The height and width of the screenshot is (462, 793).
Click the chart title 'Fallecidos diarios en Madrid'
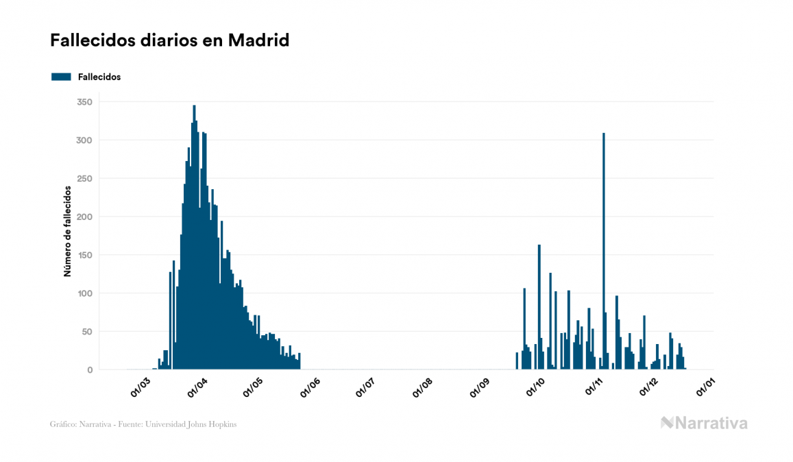pyautogui.click(x=169, y=40)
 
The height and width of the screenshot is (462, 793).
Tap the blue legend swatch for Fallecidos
pyautogui.click(x=61, y=77)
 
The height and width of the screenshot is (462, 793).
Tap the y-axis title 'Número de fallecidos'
pyautogui.click(x=68, y=230)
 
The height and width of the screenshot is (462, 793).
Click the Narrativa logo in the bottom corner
pyautogui.click(x=704, y=423)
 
